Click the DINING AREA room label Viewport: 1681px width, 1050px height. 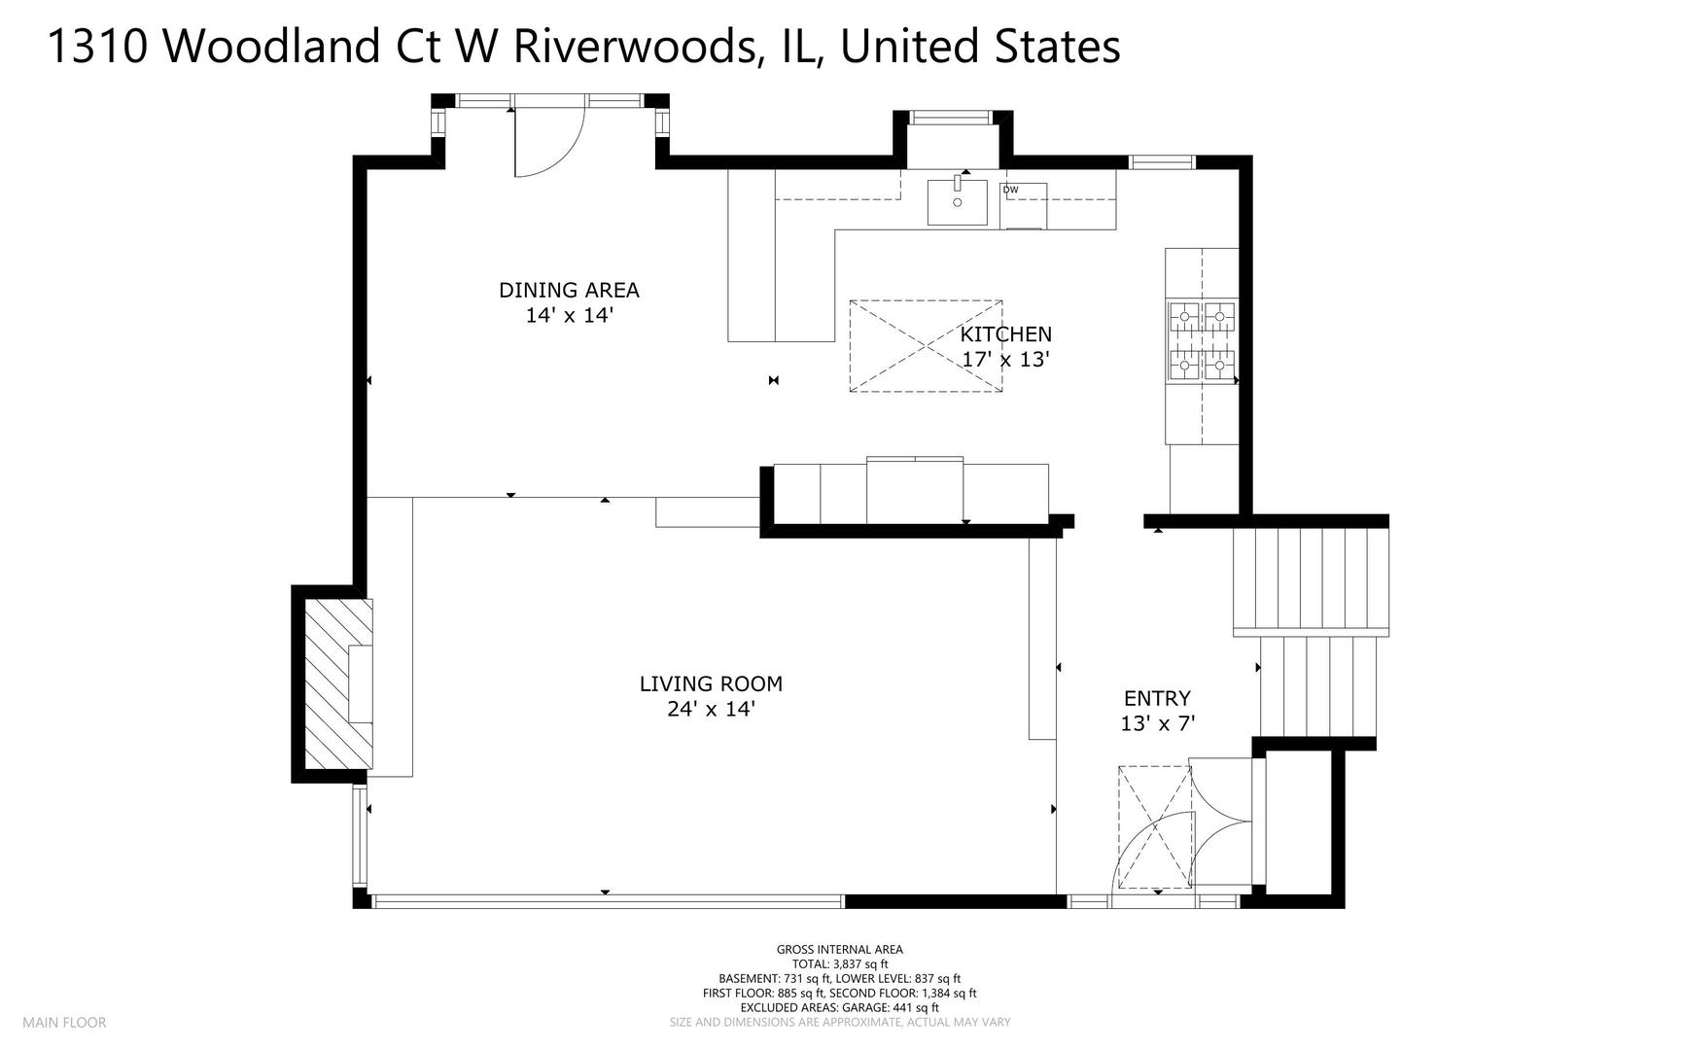point(569,290)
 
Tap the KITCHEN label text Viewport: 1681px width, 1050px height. point(1006,333)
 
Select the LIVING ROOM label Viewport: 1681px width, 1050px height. point(711,683)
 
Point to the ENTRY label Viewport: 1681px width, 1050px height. point(1157,698)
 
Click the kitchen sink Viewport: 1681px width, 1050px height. point(957,201)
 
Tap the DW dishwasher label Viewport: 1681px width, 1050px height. point(1011,190)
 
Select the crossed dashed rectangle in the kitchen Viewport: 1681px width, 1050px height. point(926,346)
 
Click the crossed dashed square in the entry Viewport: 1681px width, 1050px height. point(1155,827)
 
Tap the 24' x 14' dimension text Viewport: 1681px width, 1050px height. point(711,709)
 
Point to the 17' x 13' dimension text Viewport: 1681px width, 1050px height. point(1006,359)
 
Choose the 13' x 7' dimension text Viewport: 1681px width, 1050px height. point(1157,723)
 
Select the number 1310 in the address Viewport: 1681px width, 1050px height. point(97,47)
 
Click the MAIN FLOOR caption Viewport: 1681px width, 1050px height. point(64,1023)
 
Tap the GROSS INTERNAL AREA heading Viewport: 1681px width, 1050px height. point(840,950)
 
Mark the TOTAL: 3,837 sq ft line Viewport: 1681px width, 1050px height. point(840,964)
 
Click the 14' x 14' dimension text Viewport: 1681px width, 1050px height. point(569,315)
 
